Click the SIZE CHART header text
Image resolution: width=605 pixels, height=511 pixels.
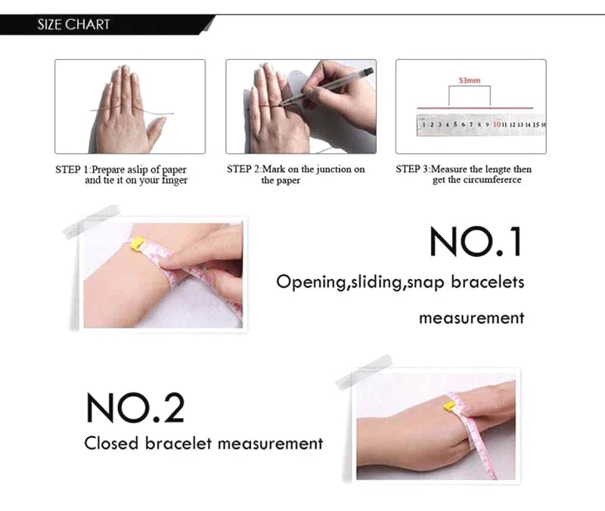coord(73,25)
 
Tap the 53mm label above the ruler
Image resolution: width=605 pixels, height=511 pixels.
coord(470,80)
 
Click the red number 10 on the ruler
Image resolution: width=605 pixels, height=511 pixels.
coord(497,124)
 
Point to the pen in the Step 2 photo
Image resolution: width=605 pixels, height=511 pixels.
coord(327,86)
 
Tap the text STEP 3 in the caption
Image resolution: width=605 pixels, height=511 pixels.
coord(412,169)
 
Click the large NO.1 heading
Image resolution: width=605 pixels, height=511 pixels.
coord(476,241)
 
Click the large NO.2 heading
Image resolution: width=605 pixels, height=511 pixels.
coord(135,407)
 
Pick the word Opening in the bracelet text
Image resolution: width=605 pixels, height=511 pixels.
coord(311,282)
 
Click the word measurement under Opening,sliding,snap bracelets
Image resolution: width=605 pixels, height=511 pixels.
coord(471,318)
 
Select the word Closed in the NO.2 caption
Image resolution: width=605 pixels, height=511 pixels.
coord(111,443)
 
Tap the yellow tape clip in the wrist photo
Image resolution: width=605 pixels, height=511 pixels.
coord(138,243)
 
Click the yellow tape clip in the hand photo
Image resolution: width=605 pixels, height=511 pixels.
coord(450,406)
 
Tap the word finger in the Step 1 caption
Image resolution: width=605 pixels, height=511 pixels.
coord(175,181)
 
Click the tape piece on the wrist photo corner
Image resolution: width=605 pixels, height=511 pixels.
coord(91,221)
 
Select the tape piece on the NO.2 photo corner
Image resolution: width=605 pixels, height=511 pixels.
coord(364,371)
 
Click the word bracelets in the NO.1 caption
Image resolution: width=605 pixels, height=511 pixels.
coord(488,282)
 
